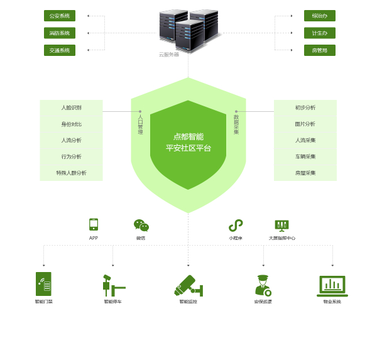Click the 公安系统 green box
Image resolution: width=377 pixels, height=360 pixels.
60,16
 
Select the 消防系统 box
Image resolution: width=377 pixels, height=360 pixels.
60,33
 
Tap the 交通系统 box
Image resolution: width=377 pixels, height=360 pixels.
60,50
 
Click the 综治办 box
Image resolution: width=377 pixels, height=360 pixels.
319,16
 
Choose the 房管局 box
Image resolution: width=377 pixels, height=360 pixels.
319,50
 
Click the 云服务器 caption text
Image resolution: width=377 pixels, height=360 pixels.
169,55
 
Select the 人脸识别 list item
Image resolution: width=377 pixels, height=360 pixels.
71,107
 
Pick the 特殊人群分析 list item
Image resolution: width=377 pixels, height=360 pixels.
71,173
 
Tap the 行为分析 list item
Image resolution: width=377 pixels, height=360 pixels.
71,156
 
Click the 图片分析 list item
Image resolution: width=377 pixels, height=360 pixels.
305,124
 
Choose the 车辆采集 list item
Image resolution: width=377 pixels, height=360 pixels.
305,156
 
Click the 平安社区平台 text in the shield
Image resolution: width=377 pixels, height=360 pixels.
188,148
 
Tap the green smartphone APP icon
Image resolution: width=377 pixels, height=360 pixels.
94,224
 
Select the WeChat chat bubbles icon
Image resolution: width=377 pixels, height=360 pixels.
141,226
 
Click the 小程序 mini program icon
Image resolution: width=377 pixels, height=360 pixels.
236,226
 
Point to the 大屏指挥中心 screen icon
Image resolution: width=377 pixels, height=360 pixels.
281,225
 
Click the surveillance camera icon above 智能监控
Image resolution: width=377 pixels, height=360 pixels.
188,285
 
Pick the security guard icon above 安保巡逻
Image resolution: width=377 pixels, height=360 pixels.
263,285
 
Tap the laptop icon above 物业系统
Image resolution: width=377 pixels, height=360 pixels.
332,286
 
